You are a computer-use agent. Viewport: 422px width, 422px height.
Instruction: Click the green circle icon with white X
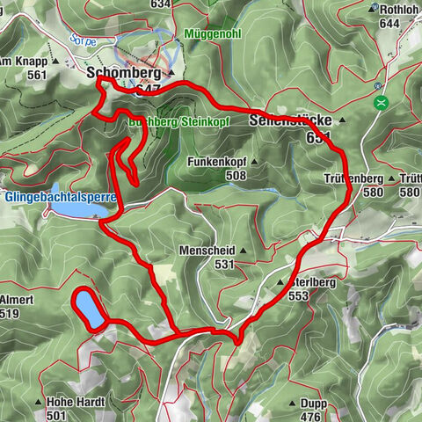point(382,103)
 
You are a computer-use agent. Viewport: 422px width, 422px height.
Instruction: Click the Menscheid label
point(204,250)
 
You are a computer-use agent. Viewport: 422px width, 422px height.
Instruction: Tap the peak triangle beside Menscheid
point(241,250)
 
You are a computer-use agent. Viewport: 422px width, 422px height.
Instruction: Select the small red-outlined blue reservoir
point(89,309)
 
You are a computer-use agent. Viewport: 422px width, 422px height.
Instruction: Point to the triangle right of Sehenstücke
point(343,119)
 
